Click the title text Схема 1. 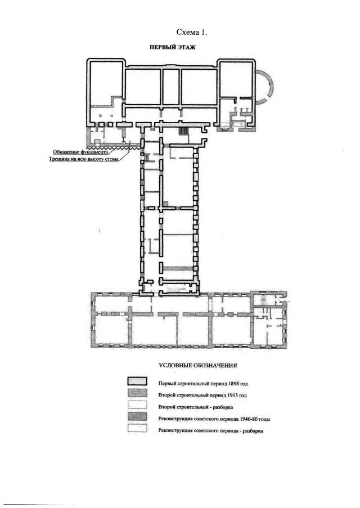(191, 32)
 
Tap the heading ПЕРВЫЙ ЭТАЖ (172, 47)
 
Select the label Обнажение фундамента (80, 152)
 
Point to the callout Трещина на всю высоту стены (84, 159)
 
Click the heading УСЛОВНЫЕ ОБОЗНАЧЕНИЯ (198, 366)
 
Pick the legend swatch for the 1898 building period (137, 381)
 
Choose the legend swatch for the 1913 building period (137, 393)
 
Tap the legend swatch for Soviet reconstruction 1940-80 (137, 417)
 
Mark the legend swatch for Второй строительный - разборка (137, 405)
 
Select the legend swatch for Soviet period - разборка (137, 428)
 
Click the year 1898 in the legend (233, 384)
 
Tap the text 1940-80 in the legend (249, 419)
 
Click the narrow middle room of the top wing (171, 87)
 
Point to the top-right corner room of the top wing (236, 79)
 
